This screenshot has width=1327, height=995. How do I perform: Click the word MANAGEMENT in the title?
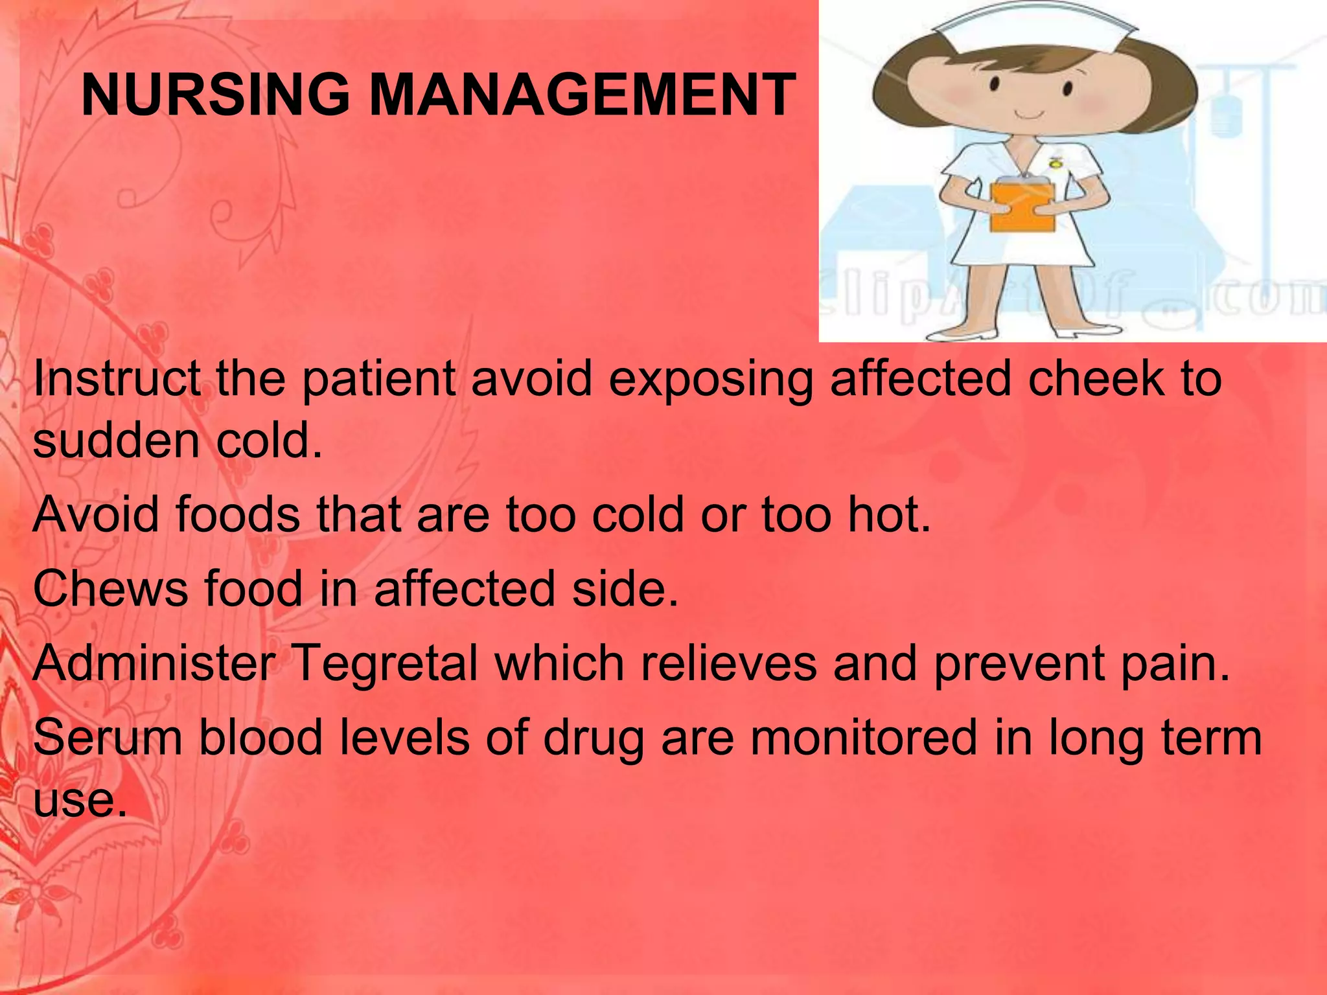tap(582, 95)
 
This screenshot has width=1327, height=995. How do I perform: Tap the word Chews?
tap(110, 589)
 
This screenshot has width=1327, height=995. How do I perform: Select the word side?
tap(624, 589)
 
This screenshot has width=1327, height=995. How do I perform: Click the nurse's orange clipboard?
tap(1023, 207)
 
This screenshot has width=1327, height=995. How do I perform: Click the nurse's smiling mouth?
tap(1030, 116)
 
